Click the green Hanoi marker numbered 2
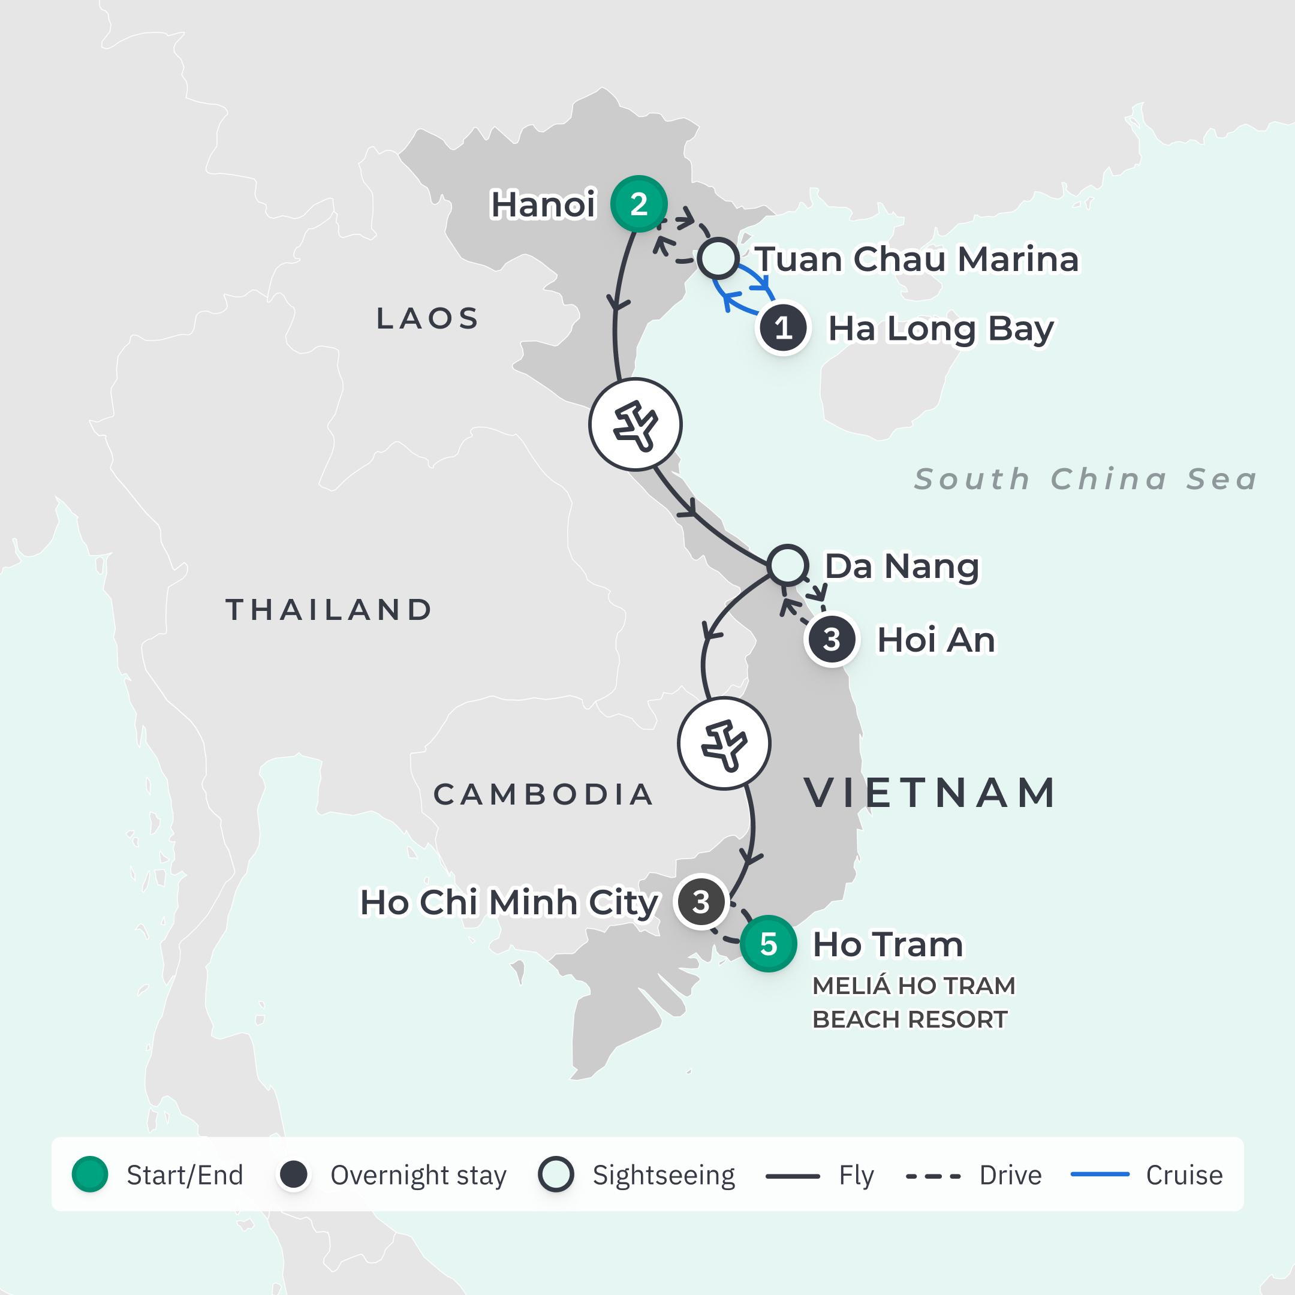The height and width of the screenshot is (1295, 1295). click(x=638, y=204)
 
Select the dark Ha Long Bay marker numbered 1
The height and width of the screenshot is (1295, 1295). click(x=782, y=329)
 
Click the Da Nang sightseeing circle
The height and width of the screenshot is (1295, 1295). click(x=788, y=565)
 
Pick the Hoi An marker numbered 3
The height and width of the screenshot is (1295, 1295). click(x=831, y=640)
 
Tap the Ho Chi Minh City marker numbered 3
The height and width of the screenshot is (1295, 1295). click(x=700, y=902)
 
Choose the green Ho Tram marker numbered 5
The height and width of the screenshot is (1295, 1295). click(x=768, y=944)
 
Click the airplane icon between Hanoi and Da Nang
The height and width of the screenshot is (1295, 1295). click(x=635, y=424)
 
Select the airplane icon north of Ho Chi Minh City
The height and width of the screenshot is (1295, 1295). click(x=724, y=744)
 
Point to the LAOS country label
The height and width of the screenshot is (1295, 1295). click(x=427, y=318)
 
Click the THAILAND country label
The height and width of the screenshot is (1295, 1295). click(x=329, y=609)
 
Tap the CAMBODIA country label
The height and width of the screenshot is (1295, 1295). click(x=543, y=794)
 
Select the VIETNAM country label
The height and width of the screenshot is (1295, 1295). click(x=930, y=793)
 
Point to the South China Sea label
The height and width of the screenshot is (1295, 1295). click(x=1085, y=479)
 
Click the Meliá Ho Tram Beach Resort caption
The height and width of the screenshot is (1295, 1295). click(x=913, y=1002)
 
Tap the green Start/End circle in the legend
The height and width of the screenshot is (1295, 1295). click(x=90, y=1174)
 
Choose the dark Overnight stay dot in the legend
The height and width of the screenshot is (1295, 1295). click(x=294, y=1174)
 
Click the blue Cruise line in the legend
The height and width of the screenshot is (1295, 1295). click(x=1100, y=1174)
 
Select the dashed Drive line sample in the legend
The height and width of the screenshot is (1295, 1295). click(x=932, y=1175)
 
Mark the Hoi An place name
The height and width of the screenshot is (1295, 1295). click(x=936, y=640)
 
